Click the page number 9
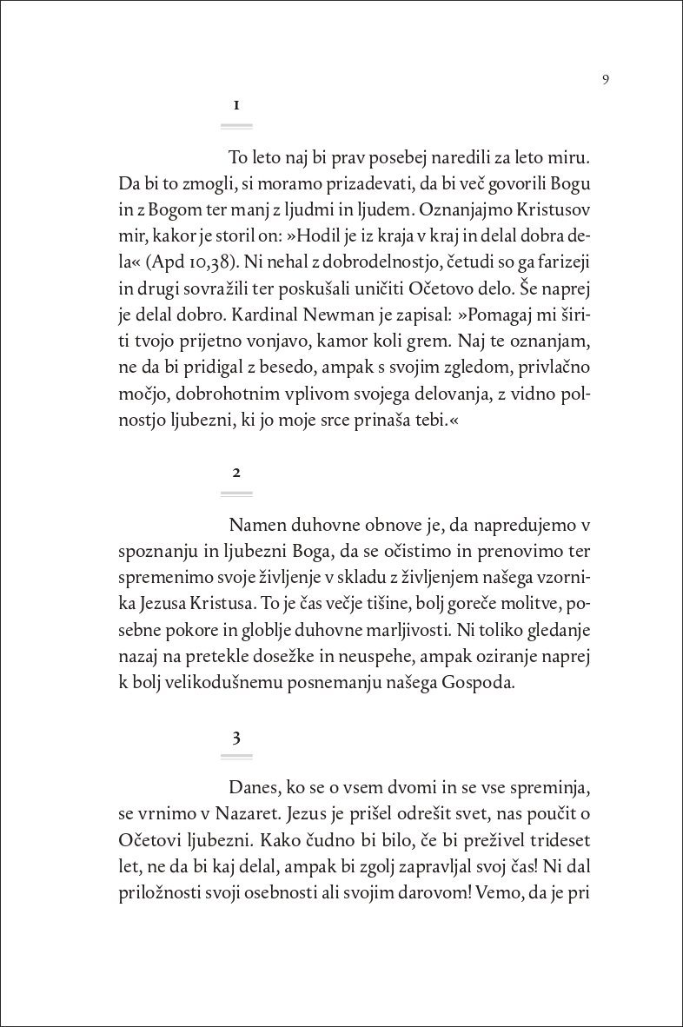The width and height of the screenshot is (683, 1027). [605, 80]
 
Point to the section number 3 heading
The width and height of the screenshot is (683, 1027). [236, 737]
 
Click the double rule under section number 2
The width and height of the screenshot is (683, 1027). [236, 494]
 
